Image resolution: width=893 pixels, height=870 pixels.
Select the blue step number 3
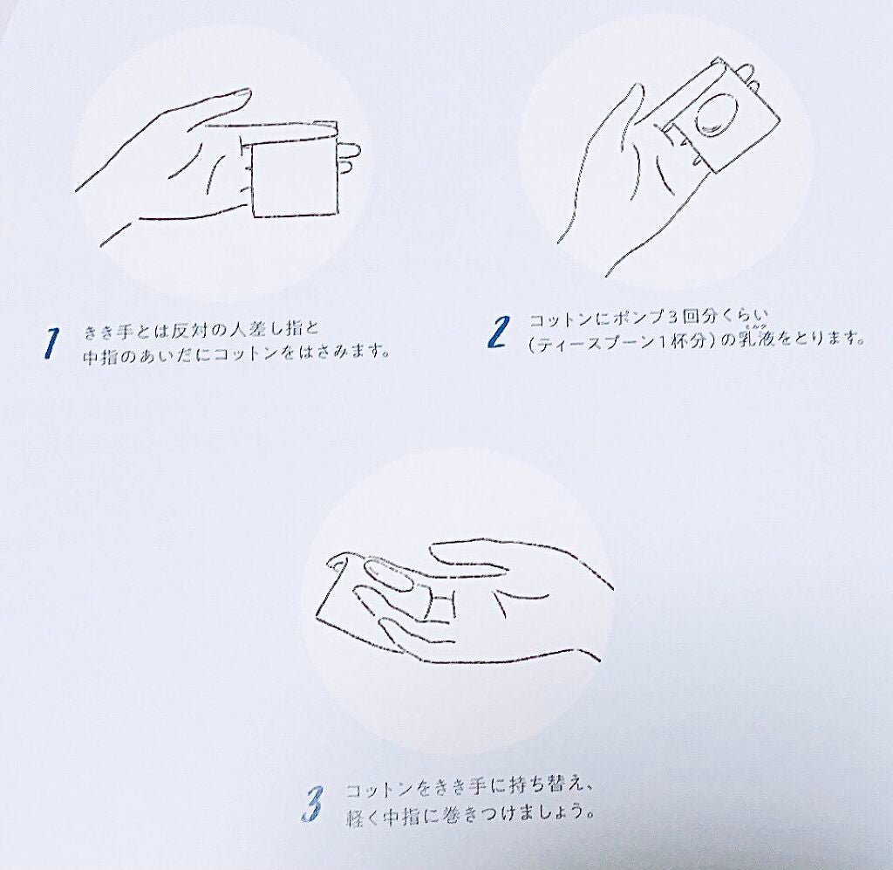pyautogui.click(x=312, y=804)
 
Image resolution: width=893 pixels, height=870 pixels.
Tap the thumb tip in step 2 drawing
pyautogui.click(x=637, y=91)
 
